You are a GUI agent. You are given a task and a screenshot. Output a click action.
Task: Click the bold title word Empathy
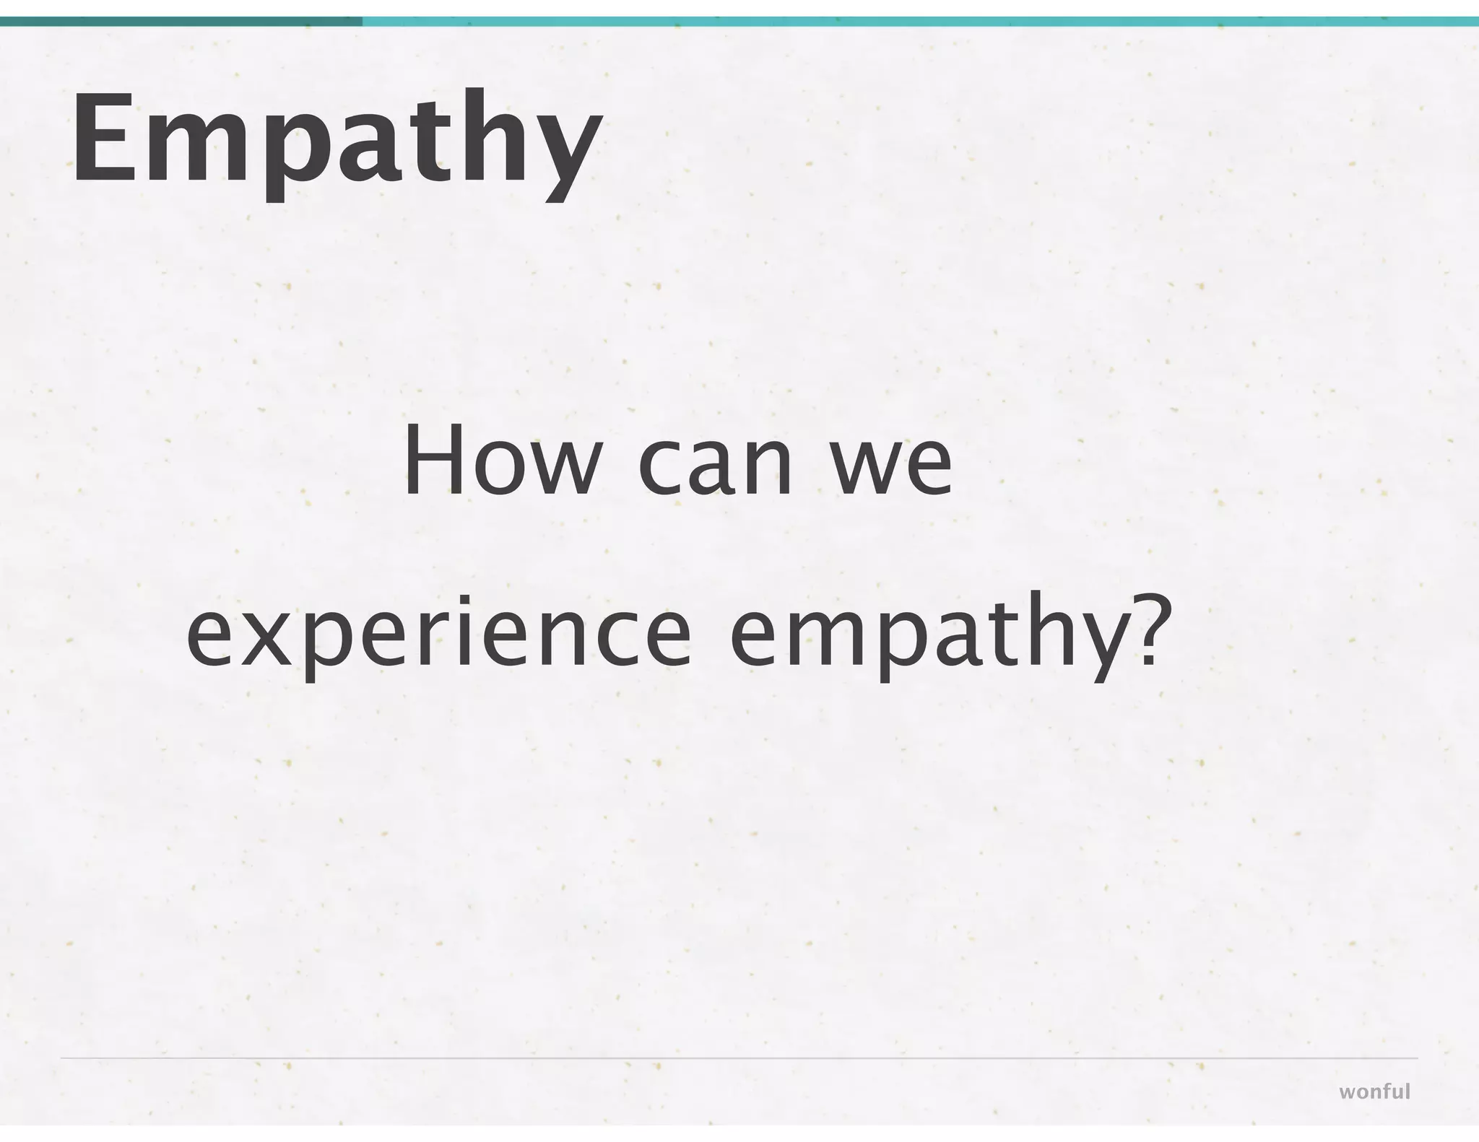click(x=336, y=141)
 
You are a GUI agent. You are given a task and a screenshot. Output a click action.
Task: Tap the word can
click(x=714, y=466)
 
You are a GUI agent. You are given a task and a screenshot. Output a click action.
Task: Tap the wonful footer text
click(x=1374, y=1091)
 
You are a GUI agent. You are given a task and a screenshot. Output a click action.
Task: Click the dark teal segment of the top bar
click(x=181, y=22)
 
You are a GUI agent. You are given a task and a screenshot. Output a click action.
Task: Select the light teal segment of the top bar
click(x=917, y=22)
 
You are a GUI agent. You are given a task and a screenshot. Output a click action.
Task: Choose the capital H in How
click(x=433, y=461)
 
